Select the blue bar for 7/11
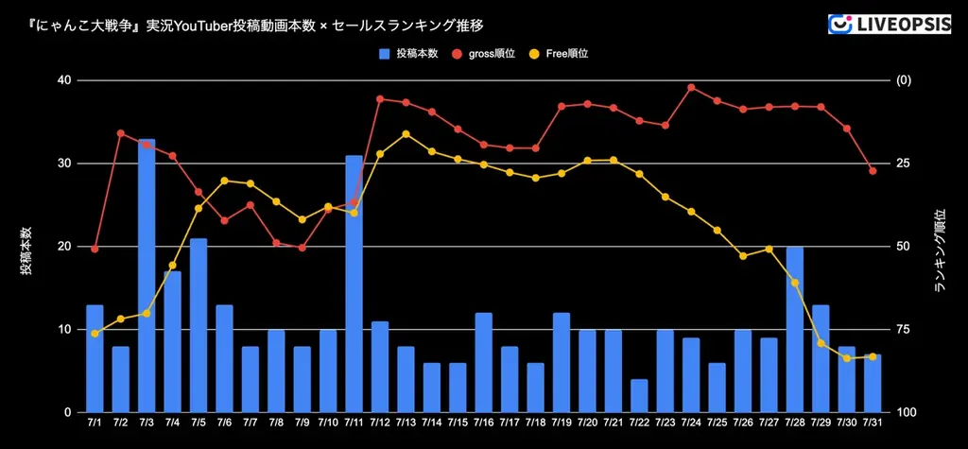click(x=354, y=284)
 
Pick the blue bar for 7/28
click(x=795, y=329)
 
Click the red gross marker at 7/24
click(x=691, y=87)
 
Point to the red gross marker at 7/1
click(x=95, y=249)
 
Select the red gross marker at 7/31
click(x=873, y=171)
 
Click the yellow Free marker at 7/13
click(x=406, y=134)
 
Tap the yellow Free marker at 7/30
click(x=847, y=358)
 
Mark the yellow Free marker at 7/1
click(x=95, y=334)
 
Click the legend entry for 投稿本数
click(x=407, y=54)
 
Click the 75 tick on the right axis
click(x=904, y=330)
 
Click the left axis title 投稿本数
click(x=26, y=250)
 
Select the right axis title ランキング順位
click(x=940, y=250)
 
